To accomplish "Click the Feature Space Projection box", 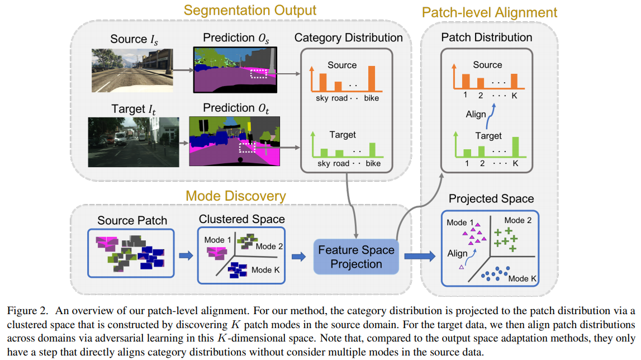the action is (x=356, y=257).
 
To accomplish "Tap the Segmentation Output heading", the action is (x=250, y=10).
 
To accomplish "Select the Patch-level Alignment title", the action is (x=490, y=13).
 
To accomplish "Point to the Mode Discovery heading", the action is (x=236, y=196).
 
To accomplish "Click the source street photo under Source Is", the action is (x=132, y=70).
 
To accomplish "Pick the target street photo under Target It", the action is (x=133, y=142).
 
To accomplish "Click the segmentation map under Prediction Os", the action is (x=235, y=70).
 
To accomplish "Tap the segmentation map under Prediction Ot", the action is (x=235, y=141).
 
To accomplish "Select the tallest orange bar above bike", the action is (x=372, y=78).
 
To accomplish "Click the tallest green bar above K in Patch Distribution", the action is (x=515, y=146).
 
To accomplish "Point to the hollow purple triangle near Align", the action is (x=462, y=267).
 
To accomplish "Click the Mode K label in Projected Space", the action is (x=522, y=278).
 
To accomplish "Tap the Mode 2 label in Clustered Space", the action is (x=269, y=247).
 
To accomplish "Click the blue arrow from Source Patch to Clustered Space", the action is (x=186, y=256).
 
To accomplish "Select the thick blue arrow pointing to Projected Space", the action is (x=420, y=257).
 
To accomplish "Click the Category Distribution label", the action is (x=348, y=37).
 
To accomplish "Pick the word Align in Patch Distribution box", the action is (x=476, y=114).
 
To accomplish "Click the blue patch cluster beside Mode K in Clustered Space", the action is (x=238, y=270).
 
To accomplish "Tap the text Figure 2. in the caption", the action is (x=27, y=311).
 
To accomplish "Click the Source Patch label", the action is (x=132, y=220).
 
